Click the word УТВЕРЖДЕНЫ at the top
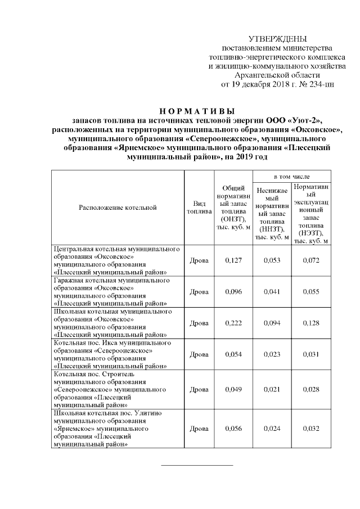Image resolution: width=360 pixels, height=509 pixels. coord(277,39)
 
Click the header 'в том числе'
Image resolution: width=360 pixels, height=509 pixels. coord(292,176)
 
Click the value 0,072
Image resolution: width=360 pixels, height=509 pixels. coord(311,260)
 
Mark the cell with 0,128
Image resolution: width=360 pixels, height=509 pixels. coord(311,323)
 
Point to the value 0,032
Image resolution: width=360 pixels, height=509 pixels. coord(311,429)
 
